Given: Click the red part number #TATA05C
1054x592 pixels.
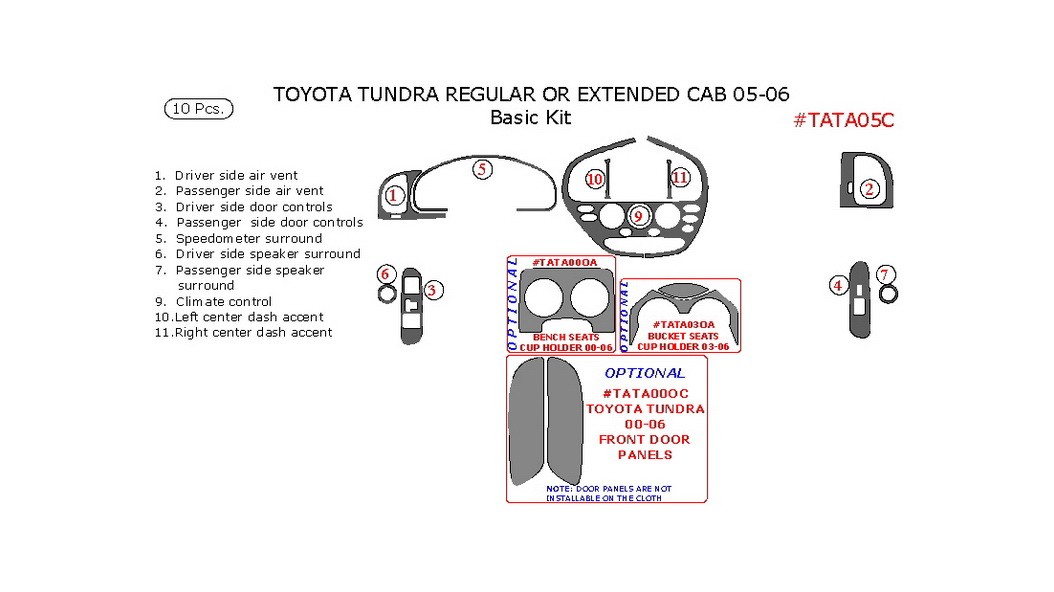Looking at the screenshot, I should pos(843,120).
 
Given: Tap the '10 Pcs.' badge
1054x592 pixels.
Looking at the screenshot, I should pos(198,109).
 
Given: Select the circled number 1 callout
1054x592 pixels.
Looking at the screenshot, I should pos(395,195).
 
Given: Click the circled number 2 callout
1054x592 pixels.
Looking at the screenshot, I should pos(869,189).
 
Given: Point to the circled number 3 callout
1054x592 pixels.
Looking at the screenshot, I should pos(433,290).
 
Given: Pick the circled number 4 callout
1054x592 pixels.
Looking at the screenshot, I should pos(838,285).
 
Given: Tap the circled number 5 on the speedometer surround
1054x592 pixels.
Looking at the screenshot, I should pos(482,169).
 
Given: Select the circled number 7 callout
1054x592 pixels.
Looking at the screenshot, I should pos(884,274).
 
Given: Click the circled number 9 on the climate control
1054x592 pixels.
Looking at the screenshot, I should pos(637,215).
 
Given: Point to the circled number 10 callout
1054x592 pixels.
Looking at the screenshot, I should pos(595,179).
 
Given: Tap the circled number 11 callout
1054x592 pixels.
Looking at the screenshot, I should pos(680,177).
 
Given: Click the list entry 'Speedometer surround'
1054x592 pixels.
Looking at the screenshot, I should pos(248,238).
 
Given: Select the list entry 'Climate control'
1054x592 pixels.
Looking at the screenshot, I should pos(223,301).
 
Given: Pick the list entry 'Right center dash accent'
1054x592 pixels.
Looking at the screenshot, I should pos(253,332).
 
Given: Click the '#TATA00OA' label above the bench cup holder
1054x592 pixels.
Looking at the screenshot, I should pos(564,262).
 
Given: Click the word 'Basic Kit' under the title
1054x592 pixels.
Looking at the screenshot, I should pos(530,117).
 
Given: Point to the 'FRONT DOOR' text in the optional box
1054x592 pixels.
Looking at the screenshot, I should pos(644,439).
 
